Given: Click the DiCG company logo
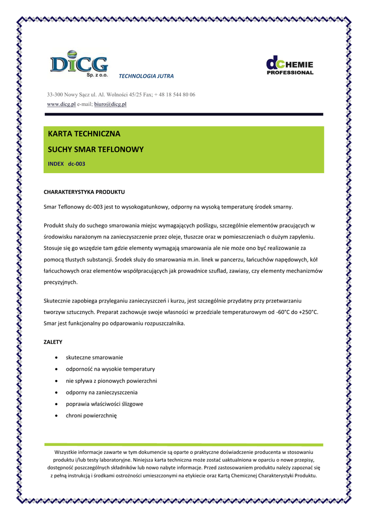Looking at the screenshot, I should [x=79, y=65].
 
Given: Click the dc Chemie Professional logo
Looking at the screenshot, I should [x=290, y=66].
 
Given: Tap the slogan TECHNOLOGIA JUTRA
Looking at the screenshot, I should [x=146, y=76].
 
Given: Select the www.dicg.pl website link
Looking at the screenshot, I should [x=61, y=104].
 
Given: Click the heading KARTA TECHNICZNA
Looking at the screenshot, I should [x=84, y=134].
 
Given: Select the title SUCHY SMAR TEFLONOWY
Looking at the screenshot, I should [x=95, y=149].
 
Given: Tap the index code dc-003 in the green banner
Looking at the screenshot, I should [x=77, y=164].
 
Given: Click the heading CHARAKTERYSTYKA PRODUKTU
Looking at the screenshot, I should [x=84, y=192].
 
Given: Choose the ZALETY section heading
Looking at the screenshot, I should [x=53, y=342].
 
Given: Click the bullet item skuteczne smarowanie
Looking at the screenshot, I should [x=94, y=357].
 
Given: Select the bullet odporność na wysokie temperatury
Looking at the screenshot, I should [x=110, y=369].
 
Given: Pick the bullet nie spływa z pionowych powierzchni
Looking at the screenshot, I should [x=111, y=380].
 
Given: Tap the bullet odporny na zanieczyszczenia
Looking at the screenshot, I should [x=102, y=392].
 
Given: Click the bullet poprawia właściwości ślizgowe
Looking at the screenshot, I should [x=104, y=404].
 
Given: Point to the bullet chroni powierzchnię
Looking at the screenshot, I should [x=91, y=415].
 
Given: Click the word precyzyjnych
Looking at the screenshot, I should [x=60, y=282].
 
